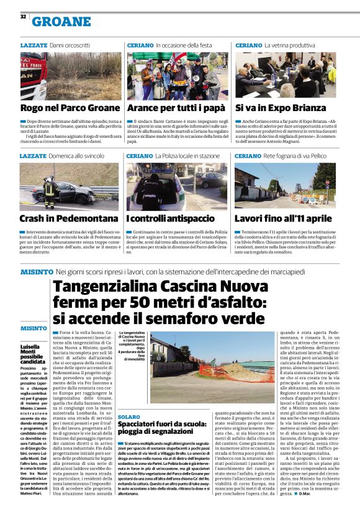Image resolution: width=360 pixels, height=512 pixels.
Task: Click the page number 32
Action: (23, 17)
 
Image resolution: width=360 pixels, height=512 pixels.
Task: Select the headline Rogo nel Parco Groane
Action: (70, 107)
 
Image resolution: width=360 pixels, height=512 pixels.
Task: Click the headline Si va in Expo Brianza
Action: (274, 107)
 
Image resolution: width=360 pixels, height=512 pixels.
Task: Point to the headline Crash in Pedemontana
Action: (69, 218)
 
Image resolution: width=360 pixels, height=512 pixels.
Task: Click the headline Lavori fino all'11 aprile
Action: (283, 218)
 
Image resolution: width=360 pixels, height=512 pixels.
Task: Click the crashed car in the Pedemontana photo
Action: (87, 194)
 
